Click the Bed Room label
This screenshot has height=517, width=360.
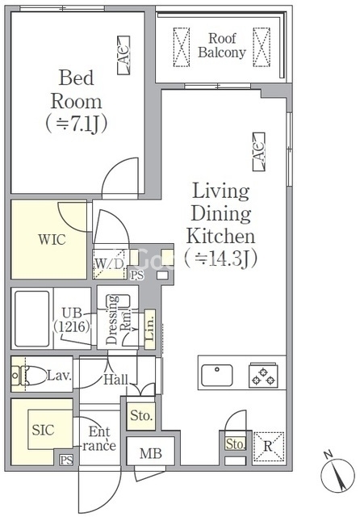[x=76, y=90]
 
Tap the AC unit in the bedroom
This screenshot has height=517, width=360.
[x=123, y=55]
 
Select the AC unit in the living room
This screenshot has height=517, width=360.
[x=259, y=152]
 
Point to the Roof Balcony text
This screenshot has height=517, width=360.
[x=222, y=45]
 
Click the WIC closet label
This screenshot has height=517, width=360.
[x=52, y=240]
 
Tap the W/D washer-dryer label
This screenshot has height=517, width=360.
[x=109, y=264]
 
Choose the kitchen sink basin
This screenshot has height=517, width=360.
[x=216, y=375]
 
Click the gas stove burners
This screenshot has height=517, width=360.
[x=263, y=376]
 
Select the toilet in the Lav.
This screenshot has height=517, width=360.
[x=29, y=375]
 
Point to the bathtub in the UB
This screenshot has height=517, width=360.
[x=32, y=319]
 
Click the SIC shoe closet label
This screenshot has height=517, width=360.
[x=43, y=430]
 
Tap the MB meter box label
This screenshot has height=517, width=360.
[x=151, y=454]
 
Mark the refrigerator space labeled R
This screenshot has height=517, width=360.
[x=269, y=447]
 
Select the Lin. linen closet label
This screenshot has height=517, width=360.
[x=150, y=329]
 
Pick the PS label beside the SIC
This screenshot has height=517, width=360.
[x=66, y=460]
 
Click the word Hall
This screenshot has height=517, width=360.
[x=115, y=380]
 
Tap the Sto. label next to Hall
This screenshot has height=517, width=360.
[x=141, y=415]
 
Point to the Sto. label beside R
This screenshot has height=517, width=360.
[x=236, y=444]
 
